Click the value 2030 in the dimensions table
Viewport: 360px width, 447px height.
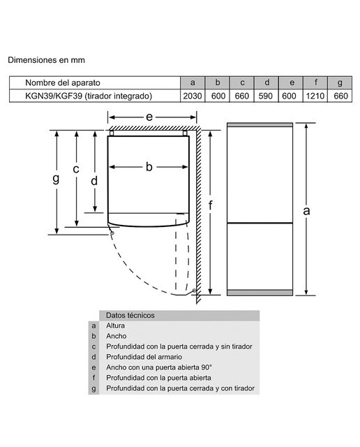tap(193, 96)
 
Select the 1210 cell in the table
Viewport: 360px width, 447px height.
tap(315, 96)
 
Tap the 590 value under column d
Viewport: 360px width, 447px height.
tap(265, 96)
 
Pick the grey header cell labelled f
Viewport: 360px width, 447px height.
tap(315, 82)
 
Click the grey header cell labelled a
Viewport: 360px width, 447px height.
tap(193, 82)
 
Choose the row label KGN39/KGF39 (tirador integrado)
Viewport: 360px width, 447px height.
tap(89, 96)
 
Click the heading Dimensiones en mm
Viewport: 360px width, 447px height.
tap(46, 60)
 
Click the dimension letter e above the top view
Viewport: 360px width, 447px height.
tap(149, 117)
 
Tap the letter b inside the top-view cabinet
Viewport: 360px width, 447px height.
tap(149, 167)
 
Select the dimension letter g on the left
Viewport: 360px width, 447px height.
tap(56, 179)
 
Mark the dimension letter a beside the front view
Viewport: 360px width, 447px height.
tap(306, 211)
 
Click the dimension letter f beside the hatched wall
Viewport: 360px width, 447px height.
tap(211, 205)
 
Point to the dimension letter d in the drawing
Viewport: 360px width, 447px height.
tap(94, 181)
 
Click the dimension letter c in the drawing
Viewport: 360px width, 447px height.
tap(76, 169)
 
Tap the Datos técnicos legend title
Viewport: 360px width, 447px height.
tap(130, 315)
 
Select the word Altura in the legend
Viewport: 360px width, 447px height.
tap(115, 325)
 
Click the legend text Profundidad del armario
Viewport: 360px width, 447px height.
tap(144, 357)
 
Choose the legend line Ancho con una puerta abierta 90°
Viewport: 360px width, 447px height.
tap(159, 367)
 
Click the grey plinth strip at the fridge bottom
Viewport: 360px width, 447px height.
tap(260, 293)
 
